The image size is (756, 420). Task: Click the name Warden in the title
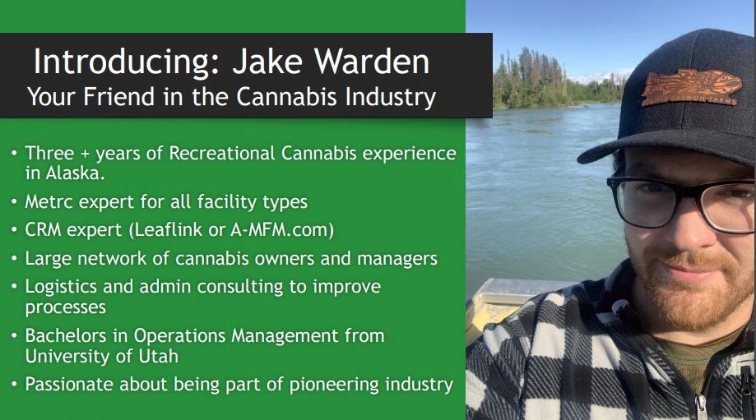(371, 61)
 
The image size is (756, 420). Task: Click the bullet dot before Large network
(15, 259)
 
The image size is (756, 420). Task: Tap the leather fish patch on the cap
(690, 87)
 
